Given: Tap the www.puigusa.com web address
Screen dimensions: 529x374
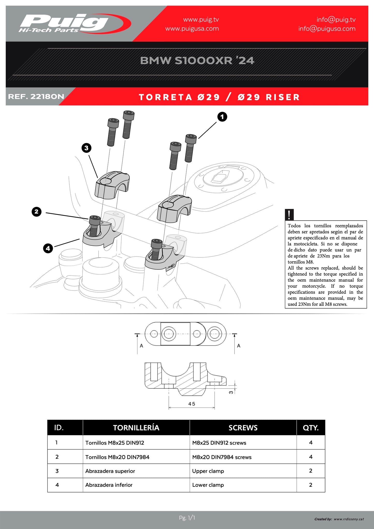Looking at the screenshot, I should [x=192, y=29].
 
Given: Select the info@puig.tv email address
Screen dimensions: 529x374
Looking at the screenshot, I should [x=336, y=20].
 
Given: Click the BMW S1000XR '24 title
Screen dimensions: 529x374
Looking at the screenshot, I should [x=197, y=61].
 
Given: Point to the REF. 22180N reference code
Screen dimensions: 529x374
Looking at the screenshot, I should [x=36, y=97].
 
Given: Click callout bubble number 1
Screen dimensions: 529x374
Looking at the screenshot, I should [x=222, y=117].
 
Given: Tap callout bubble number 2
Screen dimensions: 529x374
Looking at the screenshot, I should [x=36, y=212].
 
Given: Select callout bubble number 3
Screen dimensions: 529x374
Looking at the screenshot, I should [x=86, y=148].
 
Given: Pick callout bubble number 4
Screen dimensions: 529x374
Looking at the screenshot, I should [x=48, y=249].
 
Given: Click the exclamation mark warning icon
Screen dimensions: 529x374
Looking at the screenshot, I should [x=289, y=215].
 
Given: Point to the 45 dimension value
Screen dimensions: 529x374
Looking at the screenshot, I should [x=192, y=404].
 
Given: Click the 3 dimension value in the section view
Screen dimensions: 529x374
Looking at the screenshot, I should [x=231, y=392].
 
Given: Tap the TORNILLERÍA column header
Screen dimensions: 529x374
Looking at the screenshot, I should [x=136, y=428].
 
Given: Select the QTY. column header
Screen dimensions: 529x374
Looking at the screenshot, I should [x=311, y=428].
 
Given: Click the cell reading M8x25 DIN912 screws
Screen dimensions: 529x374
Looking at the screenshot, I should [x=219, y=443].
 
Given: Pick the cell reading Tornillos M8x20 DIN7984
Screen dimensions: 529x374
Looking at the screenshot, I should [x=117, y=457].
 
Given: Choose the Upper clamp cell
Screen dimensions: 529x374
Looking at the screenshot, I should [x=208, y=471].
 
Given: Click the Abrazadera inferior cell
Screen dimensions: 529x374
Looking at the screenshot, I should [x=109, y=485].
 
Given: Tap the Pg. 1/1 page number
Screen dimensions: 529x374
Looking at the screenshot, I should [x=187, y=518].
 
